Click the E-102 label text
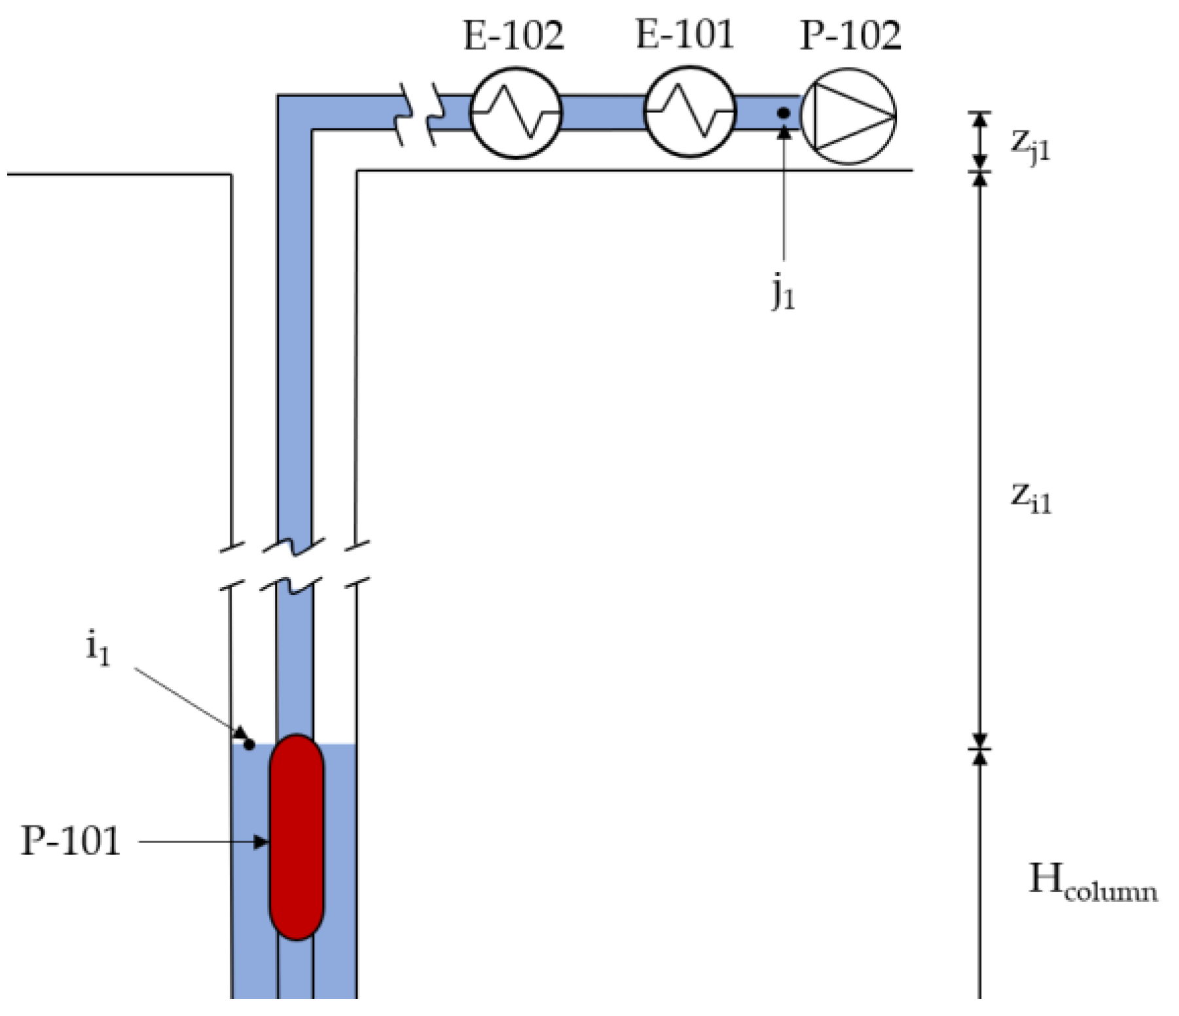(513, 35)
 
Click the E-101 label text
(685, 34)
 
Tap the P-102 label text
(850, 35)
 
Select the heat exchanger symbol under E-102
(516, 113)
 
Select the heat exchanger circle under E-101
(689, 112)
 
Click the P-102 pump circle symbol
(849, 116)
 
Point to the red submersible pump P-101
(297, 837)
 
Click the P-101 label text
(71, 841)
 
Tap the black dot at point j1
(783, 113)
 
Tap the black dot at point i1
(249, 745)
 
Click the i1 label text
(98, 650)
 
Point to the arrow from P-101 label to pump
(203, 842)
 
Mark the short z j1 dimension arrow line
(979, 141)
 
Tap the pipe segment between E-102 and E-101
(602, 113)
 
